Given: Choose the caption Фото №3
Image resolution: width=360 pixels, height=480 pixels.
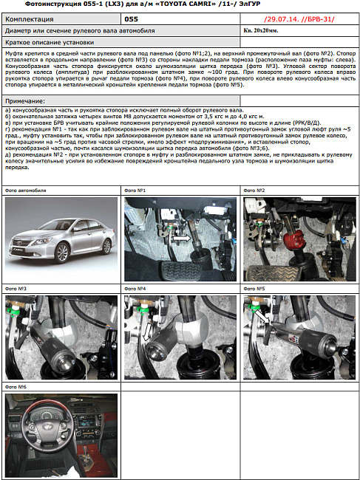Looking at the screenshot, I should tap(16, 288).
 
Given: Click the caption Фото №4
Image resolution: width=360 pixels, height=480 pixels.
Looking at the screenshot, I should tap(134, 288).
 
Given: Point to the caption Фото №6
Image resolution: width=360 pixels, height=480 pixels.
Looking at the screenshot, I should tap(16, 386).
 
